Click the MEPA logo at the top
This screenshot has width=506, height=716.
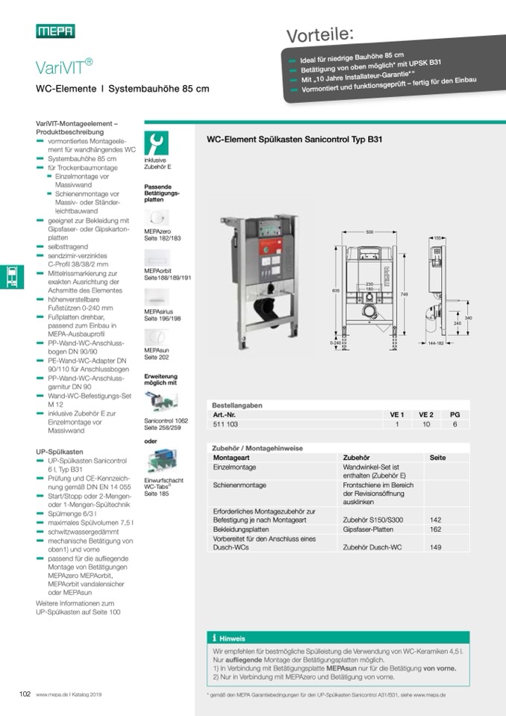(55, 31)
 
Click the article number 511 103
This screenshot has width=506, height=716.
(225, 423)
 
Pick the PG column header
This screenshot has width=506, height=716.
(455, 414)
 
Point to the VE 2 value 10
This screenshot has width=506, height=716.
(425, 423)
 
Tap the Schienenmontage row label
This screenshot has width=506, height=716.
(240, 485)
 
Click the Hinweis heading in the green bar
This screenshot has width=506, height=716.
(232, 638)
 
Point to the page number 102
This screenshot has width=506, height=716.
(25, 694)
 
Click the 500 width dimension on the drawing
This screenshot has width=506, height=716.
(369, 233)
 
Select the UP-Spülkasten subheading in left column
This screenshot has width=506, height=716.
(60, 452)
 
